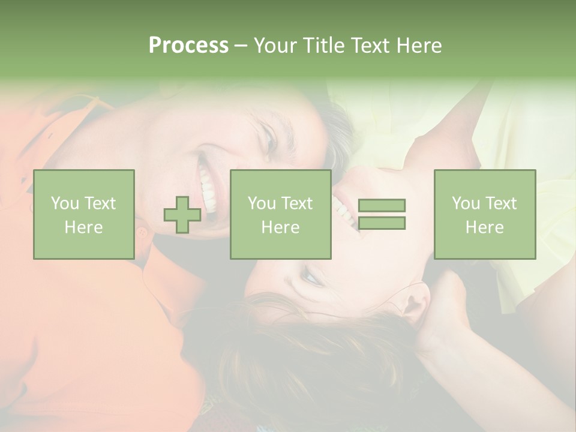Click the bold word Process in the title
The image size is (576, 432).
click(x=188, y=46)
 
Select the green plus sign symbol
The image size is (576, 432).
click(x=182, y=215)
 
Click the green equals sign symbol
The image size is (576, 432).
click(x=382, y=214)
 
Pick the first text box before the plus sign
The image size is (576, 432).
click(x=84, y=214)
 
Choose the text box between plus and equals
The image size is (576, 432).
click(x=280, y=214)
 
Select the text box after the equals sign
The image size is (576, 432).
click(x=485, y=214)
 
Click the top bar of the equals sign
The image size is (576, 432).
click(x=382, y=206)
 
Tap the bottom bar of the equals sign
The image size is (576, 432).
click(x=382, y=223)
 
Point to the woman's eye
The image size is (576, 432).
click(x=311, y=277)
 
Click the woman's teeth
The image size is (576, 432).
click(x=344, y=211)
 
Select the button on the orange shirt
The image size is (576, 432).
click(x=142, y=231)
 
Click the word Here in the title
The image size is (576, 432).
click(x=419, y=46)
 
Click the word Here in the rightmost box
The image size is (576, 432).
click(x=485, y=227)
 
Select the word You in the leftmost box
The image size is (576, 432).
click(x=64, y=203)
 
